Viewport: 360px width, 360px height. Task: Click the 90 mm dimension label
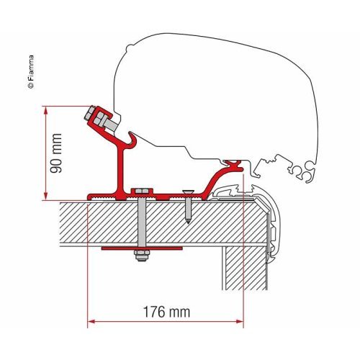(x=58, y=153)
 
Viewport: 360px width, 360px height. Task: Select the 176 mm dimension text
(x=163, y=314)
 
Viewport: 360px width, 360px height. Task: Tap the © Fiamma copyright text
(x=30, y=66)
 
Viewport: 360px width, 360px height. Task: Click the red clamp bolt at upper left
(x=98, y=118)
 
